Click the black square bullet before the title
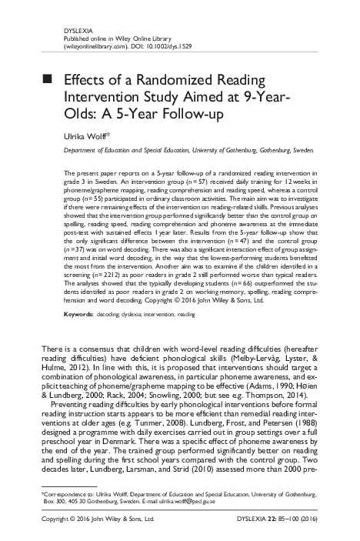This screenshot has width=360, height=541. coord(47,79)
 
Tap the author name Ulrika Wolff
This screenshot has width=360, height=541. coord(86,135)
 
